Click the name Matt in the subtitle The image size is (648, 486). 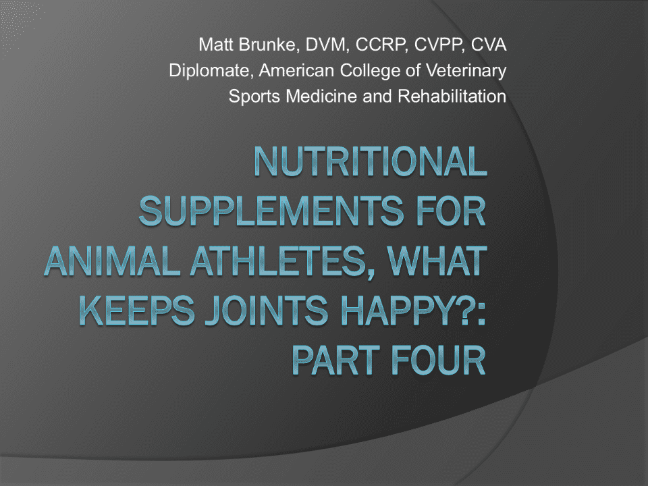tap(216, 45)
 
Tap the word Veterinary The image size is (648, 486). tap(466, 71)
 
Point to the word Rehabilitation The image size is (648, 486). tap(452, 97)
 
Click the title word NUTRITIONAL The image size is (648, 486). tap(371, 161)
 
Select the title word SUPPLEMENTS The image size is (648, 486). tap(271, 211)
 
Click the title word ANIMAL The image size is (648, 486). tap(113, 262)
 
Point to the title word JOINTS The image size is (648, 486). tap(266, 310)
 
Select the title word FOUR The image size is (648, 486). tap(438, 360)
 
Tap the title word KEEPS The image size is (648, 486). tap(136, 310)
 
